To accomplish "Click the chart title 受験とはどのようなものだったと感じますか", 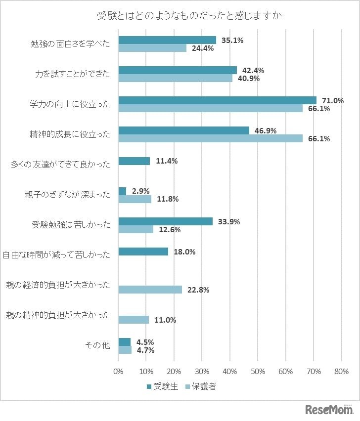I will pyautogui.click(x=189, y=16).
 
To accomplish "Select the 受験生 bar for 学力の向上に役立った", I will pyautogui.click(x=217, y=100).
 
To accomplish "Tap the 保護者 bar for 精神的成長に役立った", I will pyautogui.click(x=210, y=138).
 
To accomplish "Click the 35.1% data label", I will pyautogui.click(x=232, y=41).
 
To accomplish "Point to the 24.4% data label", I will pyautogui.click(x=202, y=48).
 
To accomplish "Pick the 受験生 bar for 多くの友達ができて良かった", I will pyautogui.click(x=134, y=161).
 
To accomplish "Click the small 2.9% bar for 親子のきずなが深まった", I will pyautogui.click(x=122, y=191).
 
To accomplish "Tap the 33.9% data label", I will pyautogui.click(x=228, y=222).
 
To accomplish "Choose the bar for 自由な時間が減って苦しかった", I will pyautogui.click(x=143, y=252).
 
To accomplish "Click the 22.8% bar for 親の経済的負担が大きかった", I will pyautogui.click(x=150, y=290).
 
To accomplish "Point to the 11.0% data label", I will pyautogui.click(x=165, y=320).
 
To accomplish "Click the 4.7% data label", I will pyautogui.click(x=145, y=350).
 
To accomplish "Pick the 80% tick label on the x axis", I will pyautogui.click(x=342, y=371).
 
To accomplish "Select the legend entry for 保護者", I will pyautogui.click(x=200, y=387).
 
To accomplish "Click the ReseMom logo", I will pyautogui.click(x=329, y=410).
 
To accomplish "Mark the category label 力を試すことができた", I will pyautogui.click(x=75, y=74).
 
